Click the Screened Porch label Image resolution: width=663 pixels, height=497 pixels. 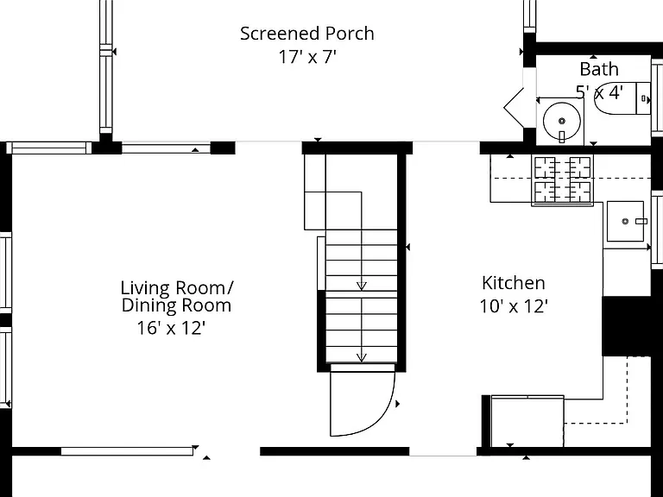click(x=307, y=34)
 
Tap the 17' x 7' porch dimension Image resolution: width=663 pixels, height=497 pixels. click(x=307, y=57)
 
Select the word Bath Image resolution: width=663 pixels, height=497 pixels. click(x=599, y=69)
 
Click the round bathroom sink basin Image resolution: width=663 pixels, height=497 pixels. click(x=561, y=122)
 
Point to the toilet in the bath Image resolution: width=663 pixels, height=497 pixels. click(x=622, y=98)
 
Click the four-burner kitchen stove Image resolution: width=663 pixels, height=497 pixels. click(x=562, y=180)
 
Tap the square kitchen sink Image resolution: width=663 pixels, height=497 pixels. click(x=625, y=221)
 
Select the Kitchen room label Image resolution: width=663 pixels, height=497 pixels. click(x=514, y=283)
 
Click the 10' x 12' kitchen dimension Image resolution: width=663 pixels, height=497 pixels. click(x=514, y=306)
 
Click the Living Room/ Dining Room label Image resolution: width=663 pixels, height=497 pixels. click(x=176, y=296)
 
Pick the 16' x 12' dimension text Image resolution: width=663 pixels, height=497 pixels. click(x=171, y=328)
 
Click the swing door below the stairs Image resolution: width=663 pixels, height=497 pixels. click(x=363, y=399)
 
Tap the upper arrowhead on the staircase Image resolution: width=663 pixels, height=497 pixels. click(x=361, y=286)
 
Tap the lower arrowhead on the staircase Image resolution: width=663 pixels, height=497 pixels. click(x=361, y=357)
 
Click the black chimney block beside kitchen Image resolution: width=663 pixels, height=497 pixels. click(x=626, y=326)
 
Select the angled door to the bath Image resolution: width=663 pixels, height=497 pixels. click(x=514, y=107)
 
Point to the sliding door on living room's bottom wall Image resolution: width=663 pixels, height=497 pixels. click(x=127, y=451)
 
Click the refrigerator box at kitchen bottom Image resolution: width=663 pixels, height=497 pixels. click(x=527, y=421)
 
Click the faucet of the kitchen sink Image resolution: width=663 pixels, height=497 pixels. click(x=641, y=221)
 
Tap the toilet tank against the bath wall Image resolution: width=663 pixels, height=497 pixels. click(x=643, y=98)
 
